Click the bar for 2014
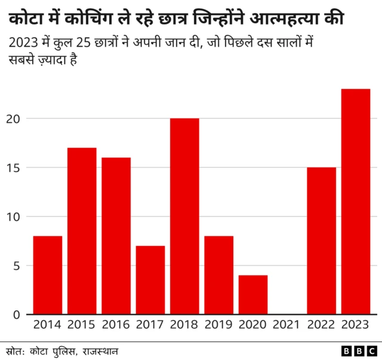point(48,275)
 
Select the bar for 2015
point(82,231)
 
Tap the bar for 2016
point(116,236)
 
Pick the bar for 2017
point(150,280)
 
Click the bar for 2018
point(184,216)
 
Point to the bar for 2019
point(219,275)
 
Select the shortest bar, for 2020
point(253,295)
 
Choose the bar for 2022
point(322,241)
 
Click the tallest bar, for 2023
point(356,202)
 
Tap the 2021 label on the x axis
point(287,325)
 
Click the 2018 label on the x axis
point(184,325)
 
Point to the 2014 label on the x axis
point(48,325)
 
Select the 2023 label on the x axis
point(356,325)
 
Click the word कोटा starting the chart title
point(26,20)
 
